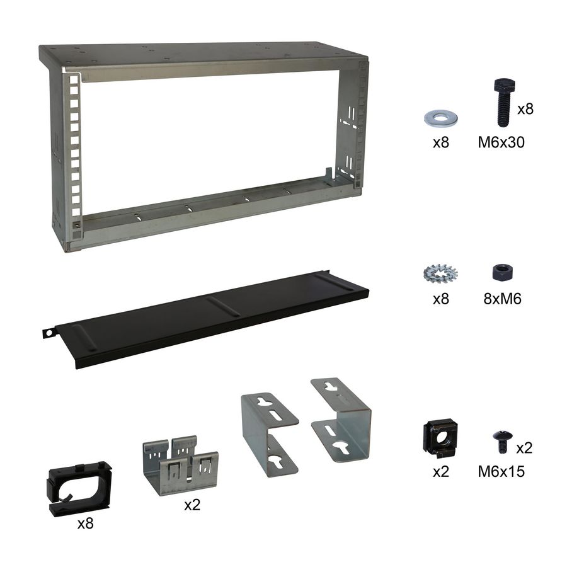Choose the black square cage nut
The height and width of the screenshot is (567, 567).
tap(439, 437)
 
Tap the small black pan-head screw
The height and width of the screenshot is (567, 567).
tap(502, 441)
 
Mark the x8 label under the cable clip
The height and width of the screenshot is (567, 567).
tap(85, 523)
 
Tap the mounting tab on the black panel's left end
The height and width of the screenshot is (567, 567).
tap(47, 332)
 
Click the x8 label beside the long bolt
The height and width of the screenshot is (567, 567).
tap(525, 108)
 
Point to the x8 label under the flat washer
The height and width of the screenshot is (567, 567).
tap(441, 142)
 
